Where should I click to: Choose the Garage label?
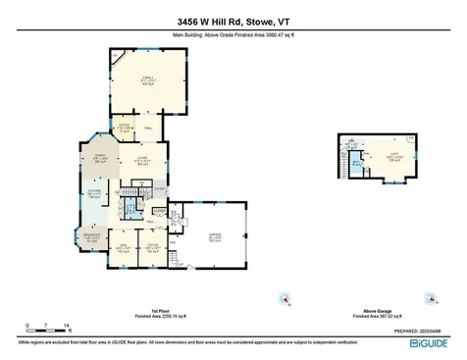(214, 238)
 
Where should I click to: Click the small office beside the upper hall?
(125, 127)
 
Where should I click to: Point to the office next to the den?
(152, 247)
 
